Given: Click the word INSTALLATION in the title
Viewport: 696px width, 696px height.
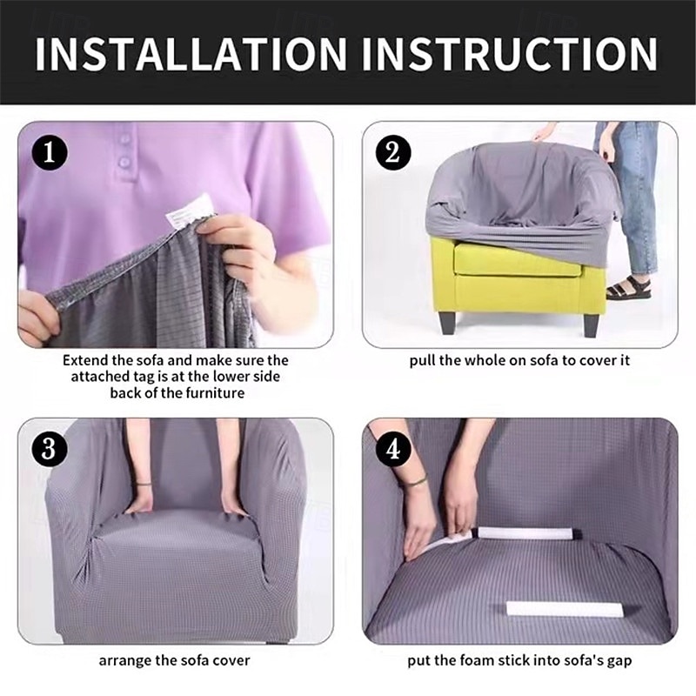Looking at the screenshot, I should tap(191, 54).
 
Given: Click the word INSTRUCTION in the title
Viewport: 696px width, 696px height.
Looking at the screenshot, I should tap(509, 54).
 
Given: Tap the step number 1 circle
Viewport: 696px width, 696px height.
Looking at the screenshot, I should tap(50, 153).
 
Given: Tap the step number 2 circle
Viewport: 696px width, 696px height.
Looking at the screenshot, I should tap(393, 153).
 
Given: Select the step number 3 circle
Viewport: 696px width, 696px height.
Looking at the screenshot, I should tap(50, 450).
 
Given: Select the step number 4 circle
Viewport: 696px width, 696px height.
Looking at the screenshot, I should tap(393, 450).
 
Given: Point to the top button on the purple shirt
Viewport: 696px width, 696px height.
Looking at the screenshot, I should tap(124, 139).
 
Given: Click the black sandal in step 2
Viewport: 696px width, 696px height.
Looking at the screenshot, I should tap(629, 289).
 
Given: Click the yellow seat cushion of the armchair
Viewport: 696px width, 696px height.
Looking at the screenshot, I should tap(517, 260).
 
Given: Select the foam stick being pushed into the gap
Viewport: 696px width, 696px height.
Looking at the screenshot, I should tap(522, 532).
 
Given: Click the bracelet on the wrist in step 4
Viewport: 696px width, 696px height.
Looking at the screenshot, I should tap(417, 480).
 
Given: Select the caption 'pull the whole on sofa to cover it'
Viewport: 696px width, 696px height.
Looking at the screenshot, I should tap(519, 360).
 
